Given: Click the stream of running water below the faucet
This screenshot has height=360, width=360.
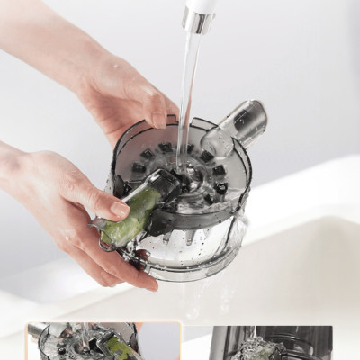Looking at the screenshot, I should pyautogui.click(x=188, y=90).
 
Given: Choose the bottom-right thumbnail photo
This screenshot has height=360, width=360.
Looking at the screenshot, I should pyautogui.click(x=271, y=343).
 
